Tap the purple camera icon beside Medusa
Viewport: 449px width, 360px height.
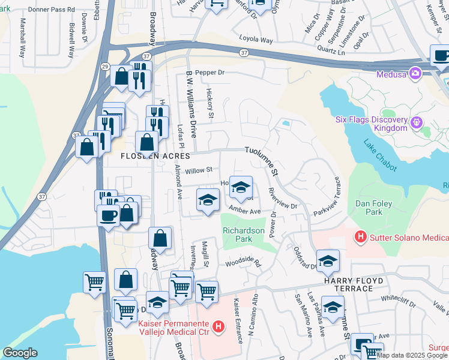415,74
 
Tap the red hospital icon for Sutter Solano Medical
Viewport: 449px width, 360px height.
360,237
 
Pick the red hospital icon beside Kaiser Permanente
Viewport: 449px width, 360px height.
219,328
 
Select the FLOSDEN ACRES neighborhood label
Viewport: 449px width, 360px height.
151,156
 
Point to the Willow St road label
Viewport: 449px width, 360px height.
199,170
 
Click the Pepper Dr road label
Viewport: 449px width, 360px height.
209,72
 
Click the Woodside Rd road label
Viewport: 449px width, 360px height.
244,263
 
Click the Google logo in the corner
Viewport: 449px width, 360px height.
20,353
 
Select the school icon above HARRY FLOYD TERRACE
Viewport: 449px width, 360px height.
328,261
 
